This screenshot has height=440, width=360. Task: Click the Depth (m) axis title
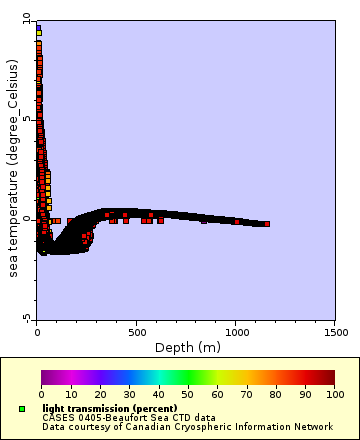pos(188,347)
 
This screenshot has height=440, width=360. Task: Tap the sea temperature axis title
pos(12,168)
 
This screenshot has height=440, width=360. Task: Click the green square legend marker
pos(22,409)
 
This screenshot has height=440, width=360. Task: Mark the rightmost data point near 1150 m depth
pos(267,224)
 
